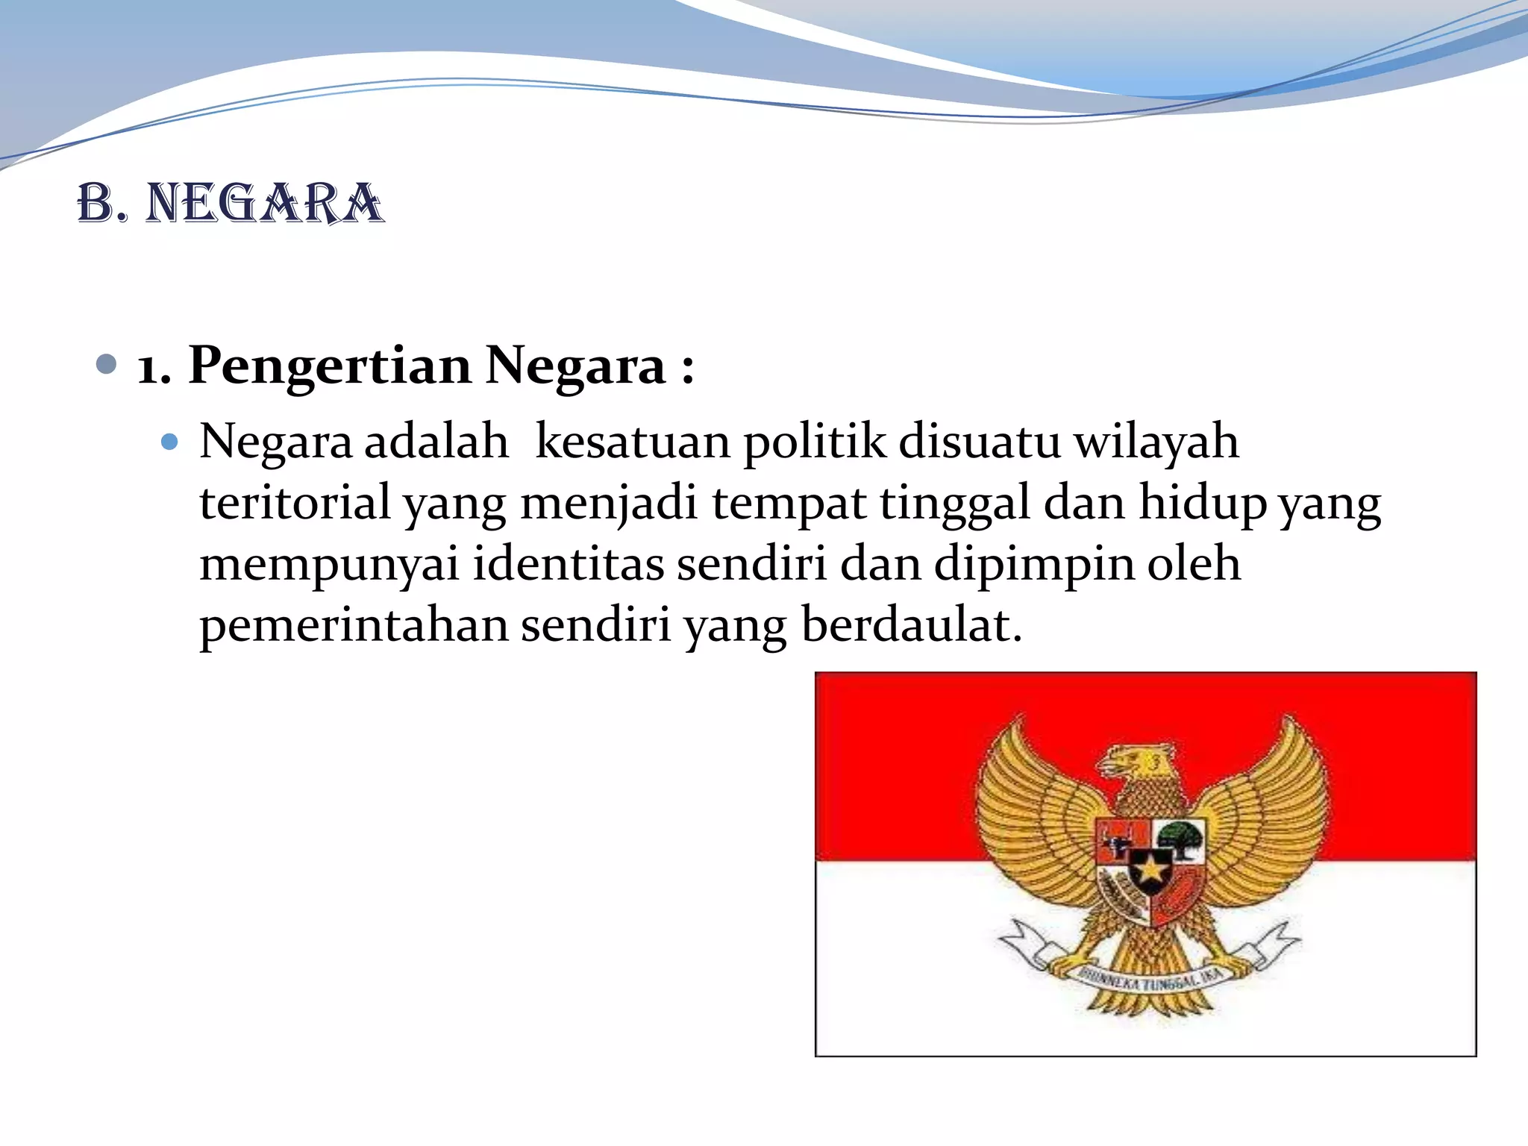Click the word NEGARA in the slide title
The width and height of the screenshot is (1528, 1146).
click(264, 204)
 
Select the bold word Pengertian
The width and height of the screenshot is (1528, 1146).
click(330, 366)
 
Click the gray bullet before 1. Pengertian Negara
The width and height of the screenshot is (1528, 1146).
click(107, 365)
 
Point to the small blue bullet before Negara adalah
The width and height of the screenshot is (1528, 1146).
click(170, 442)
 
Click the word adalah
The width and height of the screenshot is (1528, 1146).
click(436, 442)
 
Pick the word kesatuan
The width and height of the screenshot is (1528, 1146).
click(633, 442)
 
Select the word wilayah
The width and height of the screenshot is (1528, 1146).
click(1156, 442)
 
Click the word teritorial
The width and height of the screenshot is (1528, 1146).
click(295, 503)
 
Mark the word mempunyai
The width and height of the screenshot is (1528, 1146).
click(329, 565)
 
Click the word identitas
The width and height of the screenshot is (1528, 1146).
click(568, 564)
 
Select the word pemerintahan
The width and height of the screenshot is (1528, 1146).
click(354, 625)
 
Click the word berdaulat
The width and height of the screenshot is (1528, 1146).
click(911, 625)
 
